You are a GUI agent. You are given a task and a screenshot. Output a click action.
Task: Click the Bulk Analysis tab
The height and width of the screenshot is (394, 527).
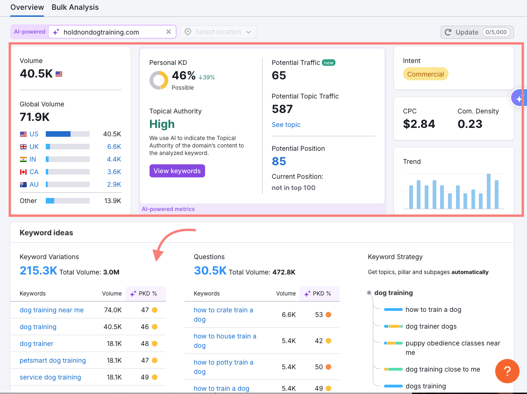coord(75,7)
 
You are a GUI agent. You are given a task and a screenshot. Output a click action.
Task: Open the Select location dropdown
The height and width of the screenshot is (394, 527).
coord(218,32)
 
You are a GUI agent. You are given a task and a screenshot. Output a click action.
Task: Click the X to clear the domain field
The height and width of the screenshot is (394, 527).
coord(169,32)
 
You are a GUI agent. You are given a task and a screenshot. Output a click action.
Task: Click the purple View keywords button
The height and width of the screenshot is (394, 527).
coord(177,171)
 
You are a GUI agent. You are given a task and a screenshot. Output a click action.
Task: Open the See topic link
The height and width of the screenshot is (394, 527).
coord(286,125)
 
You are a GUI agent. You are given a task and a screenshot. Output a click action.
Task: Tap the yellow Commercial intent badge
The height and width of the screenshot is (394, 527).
coord(425,74)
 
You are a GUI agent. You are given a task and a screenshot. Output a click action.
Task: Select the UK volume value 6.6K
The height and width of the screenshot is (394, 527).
coord(114,147)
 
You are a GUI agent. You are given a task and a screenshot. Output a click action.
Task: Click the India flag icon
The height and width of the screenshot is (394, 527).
coord(23,159)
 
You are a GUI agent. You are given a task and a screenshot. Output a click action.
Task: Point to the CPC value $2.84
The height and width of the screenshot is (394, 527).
coord(419,124)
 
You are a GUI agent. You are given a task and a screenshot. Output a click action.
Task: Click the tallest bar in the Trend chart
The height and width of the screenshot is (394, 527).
coord(489,191)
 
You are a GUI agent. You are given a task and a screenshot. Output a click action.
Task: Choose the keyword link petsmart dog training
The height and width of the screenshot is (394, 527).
coord(53,360)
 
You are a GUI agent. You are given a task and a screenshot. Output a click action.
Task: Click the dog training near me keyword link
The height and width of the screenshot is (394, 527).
coord(51,310)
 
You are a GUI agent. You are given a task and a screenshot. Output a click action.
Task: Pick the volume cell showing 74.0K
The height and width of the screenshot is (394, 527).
coord(113,310)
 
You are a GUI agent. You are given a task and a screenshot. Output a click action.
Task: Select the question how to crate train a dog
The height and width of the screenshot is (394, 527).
coord(223,315)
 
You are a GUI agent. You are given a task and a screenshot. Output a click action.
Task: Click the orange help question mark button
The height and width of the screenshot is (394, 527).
coord(507,371)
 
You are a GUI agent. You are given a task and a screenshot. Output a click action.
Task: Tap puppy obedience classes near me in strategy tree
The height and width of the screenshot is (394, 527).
coord(453,348)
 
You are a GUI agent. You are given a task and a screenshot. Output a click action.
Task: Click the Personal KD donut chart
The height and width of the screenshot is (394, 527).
coord(158,80)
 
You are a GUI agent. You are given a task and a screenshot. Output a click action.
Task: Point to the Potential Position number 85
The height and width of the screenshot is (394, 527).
coord(279,161)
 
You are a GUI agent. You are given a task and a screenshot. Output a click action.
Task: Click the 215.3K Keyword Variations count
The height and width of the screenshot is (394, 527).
coord(38,271)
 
